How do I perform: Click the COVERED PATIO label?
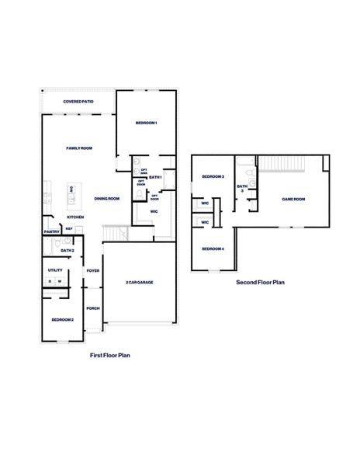point(79,102)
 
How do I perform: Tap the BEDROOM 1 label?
point(147,123)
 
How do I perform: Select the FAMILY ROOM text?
point(79,148)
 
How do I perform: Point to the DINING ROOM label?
point(107,199)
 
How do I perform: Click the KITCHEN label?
point(75,217)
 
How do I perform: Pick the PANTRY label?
point(52,231)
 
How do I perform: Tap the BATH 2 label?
point(67,251)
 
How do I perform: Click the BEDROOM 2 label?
point(63,319)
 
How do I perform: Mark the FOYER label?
point(93,271)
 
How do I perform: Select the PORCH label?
point(93,308)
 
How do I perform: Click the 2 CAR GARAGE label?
point(140,282)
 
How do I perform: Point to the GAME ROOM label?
point(293,199)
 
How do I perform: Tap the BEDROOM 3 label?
point(213,177)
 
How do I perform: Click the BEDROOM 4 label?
point(213,249)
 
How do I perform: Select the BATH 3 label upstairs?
point(242,187)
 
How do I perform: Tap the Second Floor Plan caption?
point(261,283)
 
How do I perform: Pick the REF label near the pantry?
point(68,229)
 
